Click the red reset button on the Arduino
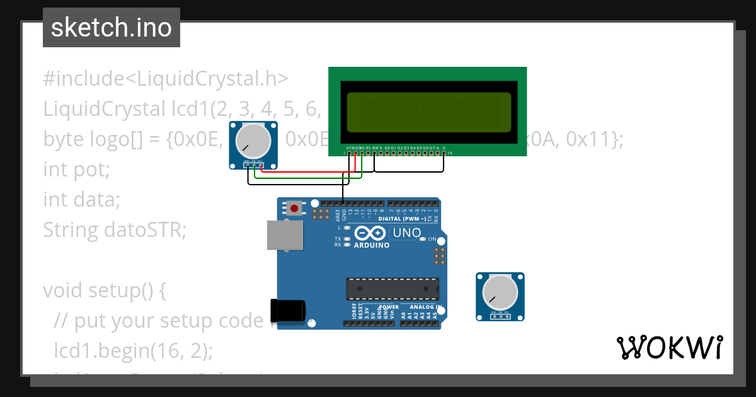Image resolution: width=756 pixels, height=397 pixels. click(x=294, y=207)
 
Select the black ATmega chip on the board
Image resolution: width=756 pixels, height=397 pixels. click(x=392, y=288)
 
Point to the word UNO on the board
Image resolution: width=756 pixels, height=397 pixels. click(x=407, y=233)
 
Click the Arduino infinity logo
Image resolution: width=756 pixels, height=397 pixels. click(x=372, y=233)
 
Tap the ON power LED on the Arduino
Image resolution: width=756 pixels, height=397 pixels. click(x=423, y=239)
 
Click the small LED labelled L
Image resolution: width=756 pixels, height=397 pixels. click(x=346, y=227)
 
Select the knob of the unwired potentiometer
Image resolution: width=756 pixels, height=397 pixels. click(x=500, y=292)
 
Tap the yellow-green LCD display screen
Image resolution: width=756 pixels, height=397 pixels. click(x=428, y=112)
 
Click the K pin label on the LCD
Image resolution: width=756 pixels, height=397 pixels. click(x=444, y=147)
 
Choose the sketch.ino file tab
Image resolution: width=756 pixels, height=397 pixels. click(x=112, y=28)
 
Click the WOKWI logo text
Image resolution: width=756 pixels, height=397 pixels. click(x=669, y=347)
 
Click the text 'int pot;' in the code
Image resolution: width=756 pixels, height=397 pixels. click(x=76, y=170)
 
